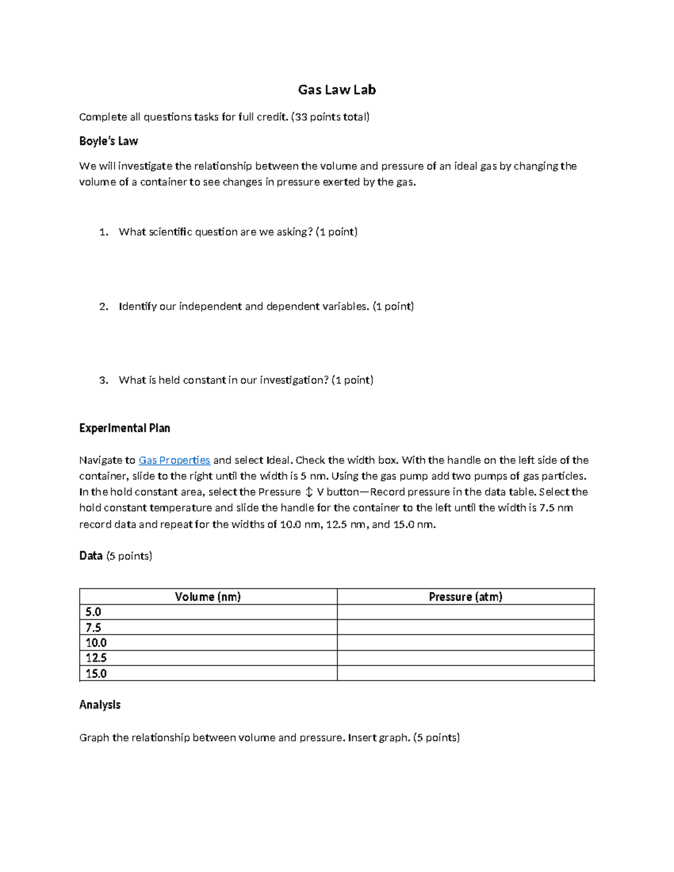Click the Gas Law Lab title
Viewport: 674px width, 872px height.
336,90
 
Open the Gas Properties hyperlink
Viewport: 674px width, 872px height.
174,460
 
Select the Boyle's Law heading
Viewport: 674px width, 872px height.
108,141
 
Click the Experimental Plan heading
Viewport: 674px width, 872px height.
124,428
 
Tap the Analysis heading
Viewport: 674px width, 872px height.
99,705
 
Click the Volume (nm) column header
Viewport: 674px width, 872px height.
208,597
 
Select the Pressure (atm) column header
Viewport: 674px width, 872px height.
465,597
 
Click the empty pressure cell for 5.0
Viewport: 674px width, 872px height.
465,612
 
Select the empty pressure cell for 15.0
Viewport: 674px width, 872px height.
465,674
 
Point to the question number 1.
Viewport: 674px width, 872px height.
103,232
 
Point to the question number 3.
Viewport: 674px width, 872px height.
103,380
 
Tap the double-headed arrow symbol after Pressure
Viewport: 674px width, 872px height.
308,492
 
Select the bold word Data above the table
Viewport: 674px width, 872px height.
90,556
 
